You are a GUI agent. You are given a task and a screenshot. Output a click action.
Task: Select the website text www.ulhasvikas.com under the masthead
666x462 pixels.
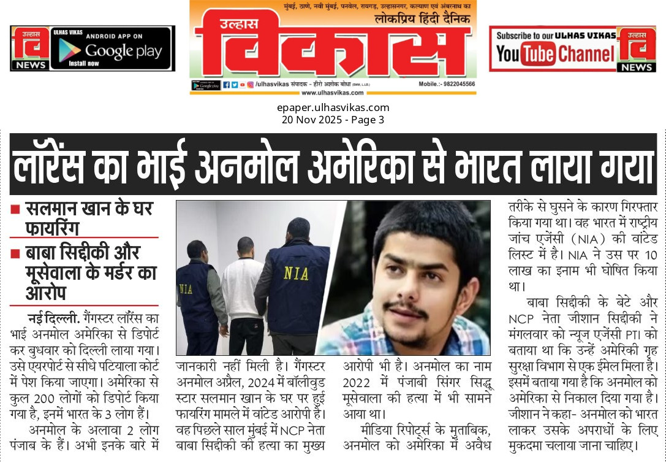pos(332,93)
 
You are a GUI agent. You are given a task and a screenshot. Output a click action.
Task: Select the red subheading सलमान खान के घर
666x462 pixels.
pos(89,210)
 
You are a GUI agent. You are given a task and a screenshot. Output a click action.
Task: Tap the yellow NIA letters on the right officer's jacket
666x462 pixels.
pos(296,272)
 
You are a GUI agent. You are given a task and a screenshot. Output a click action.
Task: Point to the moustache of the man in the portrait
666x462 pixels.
pos(406,307)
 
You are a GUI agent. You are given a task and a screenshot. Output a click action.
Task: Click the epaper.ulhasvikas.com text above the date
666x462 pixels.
pos(333,108)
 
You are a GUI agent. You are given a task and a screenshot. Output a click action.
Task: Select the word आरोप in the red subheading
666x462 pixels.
pos(46,293)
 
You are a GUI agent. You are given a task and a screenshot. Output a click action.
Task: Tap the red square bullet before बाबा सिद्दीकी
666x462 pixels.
pos(15,252)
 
